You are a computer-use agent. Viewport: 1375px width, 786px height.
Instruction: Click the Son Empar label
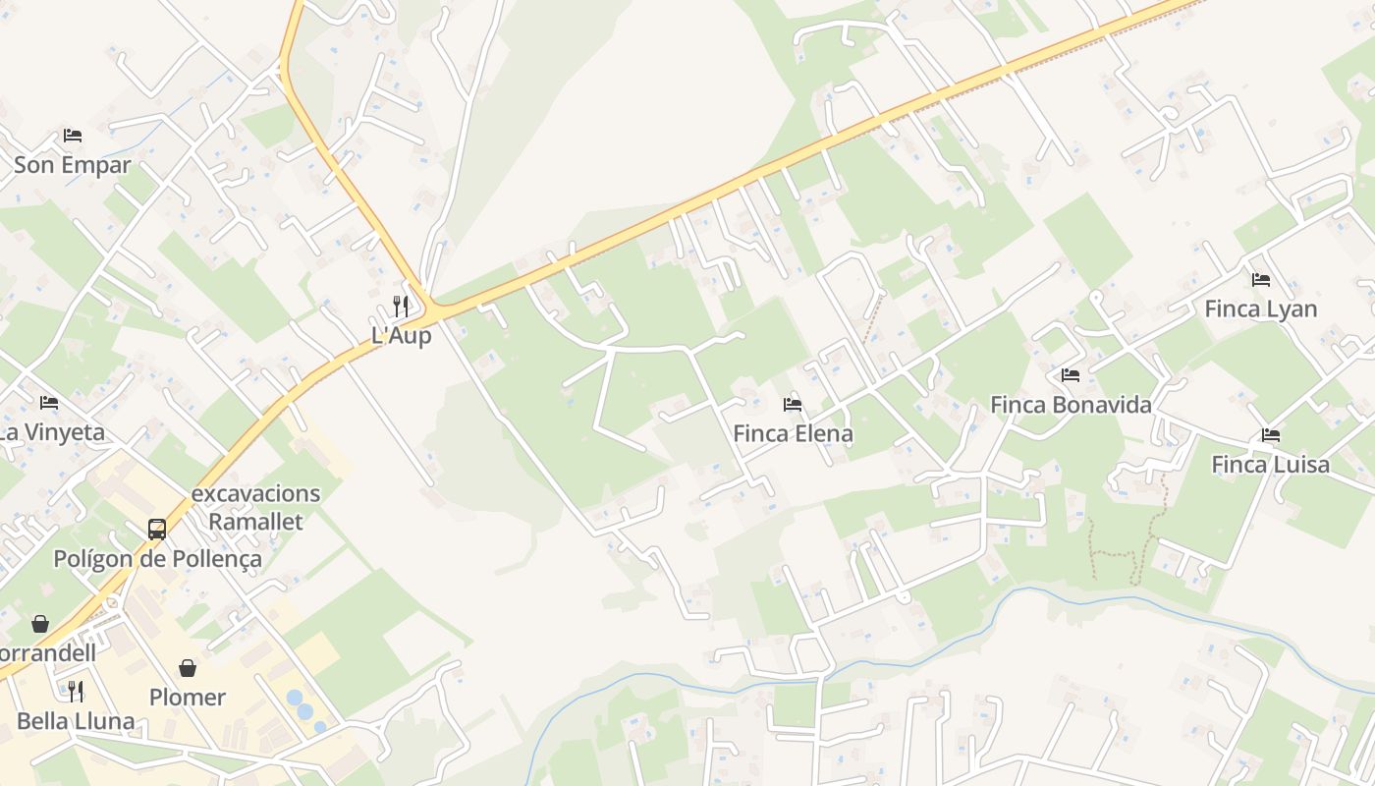72,165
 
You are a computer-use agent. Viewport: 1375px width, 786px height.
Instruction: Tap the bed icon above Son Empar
72,136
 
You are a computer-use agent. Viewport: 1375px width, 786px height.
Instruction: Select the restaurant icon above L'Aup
400,307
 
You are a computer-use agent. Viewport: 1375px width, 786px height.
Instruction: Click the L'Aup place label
401,335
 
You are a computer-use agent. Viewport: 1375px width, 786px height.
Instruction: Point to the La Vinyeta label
51,432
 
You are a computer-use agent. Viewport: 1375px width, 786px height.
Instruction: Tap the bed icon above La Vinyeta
49,403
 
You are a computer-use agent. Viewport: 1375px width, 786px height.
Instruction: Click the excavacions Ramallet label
255,507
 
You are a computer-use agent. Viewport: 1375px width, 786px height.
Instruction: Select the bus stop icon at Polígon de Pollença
157,530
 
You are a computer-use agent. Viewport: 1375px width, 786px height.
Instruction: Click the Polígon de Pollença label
157,559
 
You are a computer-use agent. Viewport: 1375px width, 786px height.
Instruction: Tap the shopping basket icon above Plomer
188,668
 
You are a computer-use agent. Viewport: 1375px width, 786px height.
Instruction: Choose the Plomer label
188,698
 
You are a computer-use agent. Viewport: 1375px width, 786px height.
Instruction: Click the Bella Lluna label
76,721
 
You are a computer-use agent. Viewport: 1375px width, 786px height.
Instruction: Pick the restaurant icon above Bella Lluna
76,691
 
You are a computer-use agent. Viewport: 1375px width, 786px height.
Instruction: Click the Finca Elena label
793,433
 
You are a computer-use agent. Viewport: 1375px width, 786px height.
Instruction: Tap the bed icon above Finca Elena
793,404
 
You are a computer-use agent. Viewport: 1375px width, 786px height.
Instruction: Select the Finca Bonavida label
1071,405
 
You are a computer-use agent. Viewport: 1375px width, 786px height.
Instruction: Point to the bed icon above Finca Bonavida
1071,375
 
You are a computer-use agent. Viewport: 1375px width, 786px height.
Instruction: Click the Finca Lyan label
1261,309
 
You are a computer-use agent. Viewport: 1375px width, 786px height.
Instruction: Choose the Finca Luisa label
1270,465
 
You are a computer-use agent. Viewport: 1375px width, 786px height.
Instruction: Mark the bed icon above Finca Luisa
1271,435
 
